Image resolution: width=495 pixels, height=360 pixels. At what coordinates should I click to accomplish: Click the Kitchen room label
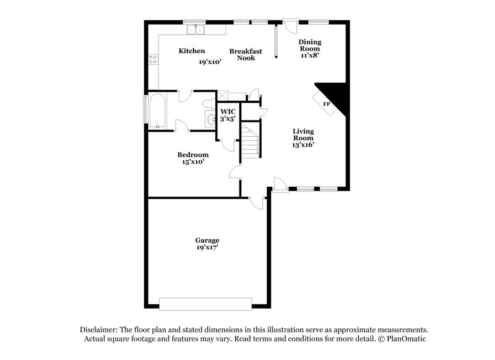click(x=192, y=51)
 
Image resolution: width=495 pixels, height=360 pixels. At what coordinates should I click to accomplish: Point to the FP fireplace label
click(x=326, y=104)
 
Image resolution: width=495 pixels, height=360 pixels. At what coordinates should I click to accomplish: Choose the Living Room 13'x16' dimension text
click(x=304, y=145)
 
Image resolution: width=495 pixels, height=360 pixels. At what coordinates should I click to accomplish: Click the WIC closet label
click(x=228, y=111)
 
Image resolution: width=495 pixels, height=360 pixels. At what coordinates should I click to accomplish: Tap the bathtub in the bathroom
click(x=157, y=111)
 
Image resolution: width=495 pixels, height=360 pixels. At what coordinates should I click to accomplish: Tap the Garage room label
click(x=207, y=239)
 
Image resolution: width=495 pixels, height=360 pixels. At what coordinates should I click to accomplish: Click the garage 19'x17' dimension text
click(x=207, y=247)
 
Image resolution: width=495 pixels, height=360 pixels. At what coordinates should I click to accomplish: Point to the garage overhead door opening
click(x=205, y=303)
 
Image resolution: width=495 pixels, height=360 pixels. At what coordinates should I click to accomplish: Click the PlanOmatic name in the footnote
click(x=407, y=339)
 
